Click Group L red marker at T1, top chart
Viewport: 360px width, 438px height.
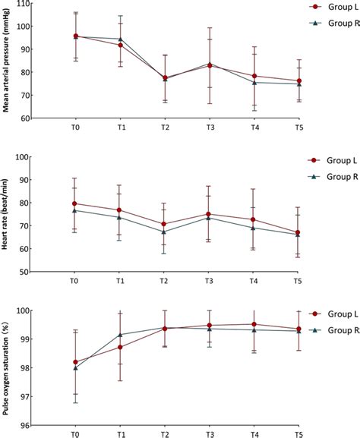tap(120, 46)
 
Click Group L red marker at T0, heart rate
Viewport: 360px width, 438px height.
tap(74, 203)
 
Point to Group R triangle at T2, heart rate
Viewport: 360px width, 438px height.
tap(166, 232)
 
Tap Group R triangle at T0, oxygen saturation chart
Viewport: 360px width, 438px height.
tap(74, 368)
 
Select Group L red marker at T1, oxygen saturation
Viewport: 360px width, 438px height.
tap(120, 347)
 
